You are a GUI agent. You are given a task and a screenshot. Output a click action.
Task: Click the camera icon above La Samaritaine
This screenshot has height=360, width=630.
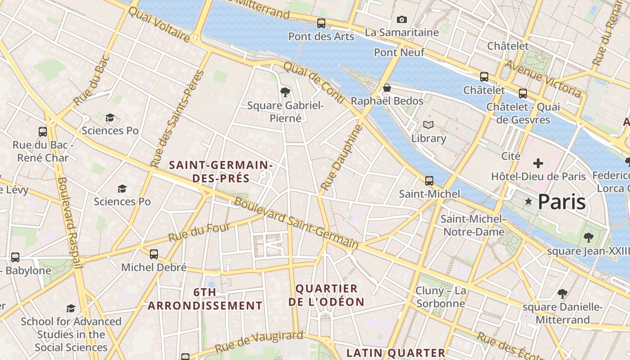(x=402, y=19)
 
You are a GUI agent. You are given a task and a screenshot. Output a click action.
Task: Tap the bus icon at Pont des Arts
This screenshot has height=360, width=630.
(x=321, y=23)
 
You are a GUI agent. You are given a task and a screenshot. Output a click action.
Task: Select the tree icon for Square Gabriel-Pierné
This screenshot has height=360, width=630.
(x=285, y=92)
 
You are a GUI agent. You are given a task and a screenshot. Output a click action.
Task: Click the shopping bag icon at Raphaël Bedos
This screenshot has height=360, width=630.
(x=387, y=88)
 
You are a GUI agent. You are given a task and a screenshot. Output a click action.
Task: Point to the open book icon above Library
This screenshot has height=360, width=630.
(x=428, y=125)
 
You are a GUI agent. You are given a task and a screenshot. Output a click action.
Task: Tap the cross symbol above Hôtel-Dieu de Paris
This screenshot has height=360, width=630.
(x=538, y=163)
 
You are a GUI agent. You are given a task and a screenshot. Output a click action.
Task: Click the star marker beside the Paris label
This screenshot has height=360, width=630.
(x=528, y=202)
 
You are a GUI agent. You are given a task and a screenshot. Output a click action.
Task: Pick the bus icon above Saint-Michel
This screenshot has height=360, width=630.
(x=429, y=181)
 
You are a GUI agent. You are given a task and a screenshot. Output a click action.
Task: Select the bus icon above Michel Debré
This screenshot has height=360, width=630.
(x=154, y=254)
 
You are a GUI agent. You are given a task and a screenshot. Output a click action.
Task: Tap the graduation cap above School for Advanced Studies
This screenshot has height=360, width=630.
(x=71, y=308)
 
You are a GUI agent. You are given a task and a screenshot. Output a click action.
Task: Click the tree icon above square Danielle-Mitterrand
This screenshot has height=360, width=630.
(x=562, y=294)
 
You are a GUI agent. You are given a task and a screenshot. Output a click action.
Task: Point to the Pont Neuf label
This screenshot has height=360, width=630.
(x=399, y=53)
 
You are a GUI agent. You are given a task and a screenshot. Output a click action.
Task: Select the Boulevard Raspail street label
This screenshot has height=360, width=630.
(x=70, y=223)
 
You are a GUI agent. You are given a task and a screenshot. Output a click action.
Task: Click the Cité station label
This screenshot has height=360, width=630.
(x=511, y=156)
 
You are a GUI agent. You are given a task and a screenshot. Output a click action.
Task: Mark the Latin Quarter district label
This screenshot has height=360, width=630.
(x=396, y=353)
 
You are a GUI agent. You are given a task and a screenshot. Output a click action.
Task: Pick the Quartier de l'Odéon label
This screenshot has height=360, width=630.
(x=326, y=295)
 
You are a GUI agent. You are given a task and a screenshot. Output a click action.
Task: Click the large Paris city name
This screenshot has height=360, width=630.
(x=562, y=202)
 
